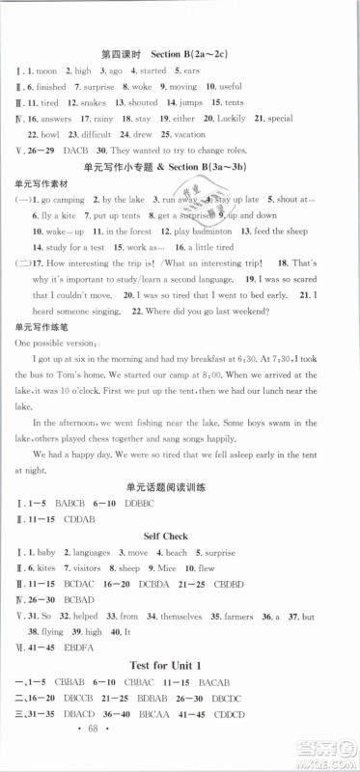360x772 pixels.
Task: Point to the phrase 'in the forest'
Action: coord(122,287)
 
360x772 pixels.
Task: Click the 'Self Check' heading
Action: coord(178,655)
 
